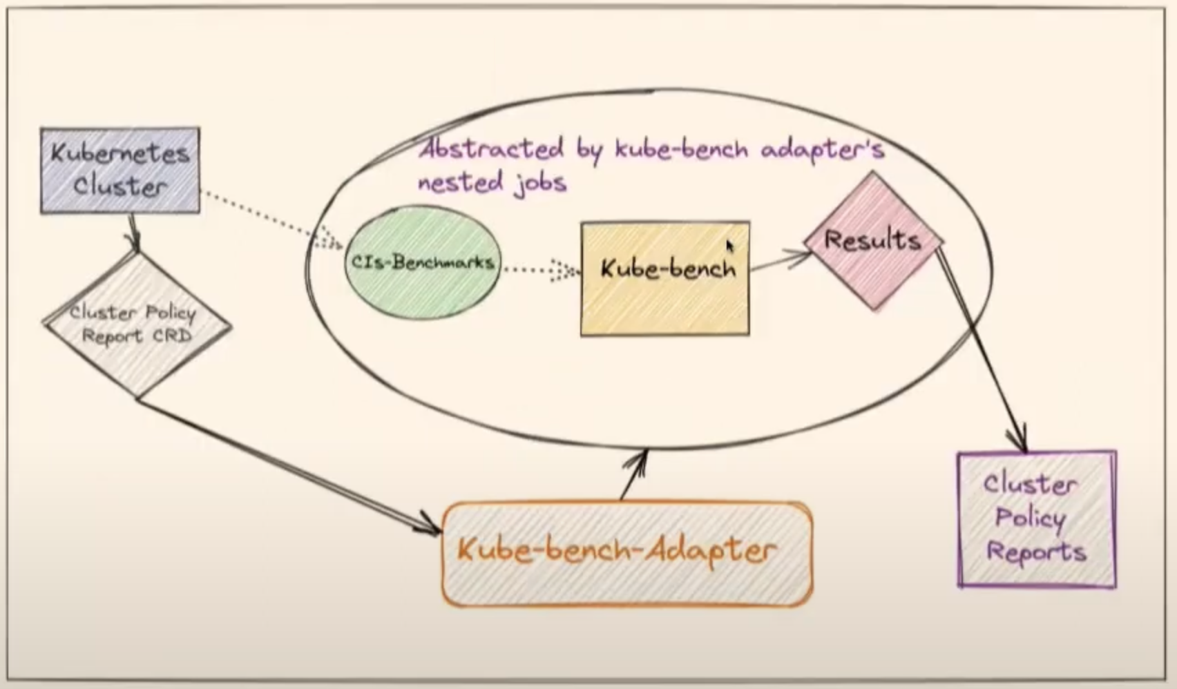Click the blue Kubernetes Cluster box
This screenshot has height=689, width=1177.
(120, 170)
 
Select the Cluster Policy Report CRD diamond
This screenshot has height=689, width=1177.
(137, 324)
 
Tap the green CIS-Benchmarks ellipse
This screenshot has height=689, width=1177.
(422, 262)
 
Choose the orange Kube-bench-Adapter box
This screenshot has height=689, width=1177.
(626, 554)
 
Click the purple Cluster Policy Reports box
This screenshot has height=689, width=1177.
(1036, 519)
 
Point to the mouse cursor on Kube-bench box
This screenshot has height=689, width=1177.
(730, 246)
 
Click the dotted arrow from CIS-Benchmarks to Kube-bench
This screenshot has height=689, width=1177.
(539, 270)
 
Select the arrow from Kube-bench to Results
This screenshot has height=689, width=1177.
(781, 261)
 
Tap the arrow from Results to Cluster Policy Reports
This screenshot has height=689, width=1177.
(981, 345)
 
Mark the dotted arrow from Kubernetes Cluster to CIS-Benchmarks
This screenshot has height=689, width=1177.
(269, 217)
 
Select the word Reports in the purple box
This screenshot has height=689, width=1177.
(1036, 552)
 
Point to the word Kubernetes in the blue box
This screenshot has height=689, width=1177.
(120, 153)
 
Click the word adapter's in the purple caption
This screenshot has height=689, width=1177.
(822, 148)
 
